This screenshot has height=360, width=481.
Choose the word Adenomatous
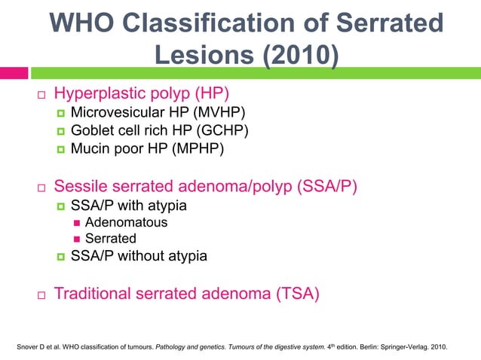point(127,222)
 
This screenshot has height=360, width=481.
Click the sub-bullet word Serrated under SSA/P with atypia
point(111,239)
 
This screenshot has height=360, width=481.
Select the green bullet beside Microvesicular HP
point(61,114)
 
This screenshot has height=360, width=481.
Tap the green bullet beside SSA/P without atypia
point(61,257)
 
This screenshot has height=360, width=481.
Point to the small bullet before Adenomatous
point(76,223)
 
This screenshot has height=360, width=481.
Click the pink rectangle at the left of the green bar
point(14,73)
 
